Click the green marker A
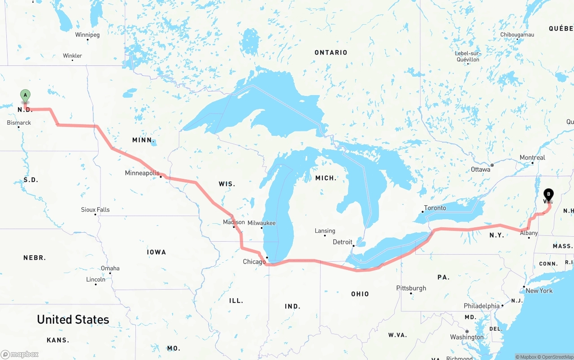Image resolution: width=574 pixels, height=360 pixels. point(26,95)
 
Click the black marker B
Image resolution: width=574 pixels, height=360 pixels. point(548,194)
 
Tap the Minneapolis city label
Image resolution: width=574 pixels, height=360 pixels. point(142,173)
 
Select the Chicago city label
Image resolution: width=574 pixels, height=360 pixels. point(254,262)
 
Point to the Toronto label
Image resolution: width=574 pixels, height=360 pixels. point(435,208)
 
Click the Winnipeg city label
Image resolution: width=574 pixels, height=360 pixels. point(87,35)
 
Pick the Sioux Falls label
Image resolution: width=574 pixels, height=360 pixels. point(95,209)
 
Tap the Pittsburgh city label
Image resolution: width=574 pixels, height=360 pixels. point(411,288)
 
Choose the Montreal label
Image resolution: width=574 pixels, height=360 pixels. point(532,157)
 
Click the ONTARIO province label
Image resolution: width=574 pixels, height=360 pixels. point(331,52)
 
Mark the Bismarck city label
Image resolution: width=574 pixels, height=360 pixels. point(19,122)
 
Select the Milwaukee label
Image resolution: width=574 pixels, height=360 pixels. point(261,223)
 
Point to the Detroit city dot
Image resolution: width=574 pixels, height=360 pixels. point(353,246)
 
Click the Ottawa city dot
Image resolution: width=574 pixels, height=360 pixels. point(492,165)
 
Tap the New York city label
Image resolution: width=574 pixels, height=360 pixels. point(539,291)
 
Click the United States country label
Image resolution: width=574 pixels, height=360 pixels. point(73,319)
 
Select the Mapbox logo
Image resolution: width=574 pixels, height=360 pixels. point(20,354)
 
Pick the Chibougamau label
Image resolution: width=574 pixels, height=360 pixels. point(517,35)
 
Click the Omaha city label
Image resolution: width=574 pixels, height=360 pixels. point(110,268)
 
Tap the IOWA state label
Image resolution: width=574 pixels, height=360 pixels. point(157,252)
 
